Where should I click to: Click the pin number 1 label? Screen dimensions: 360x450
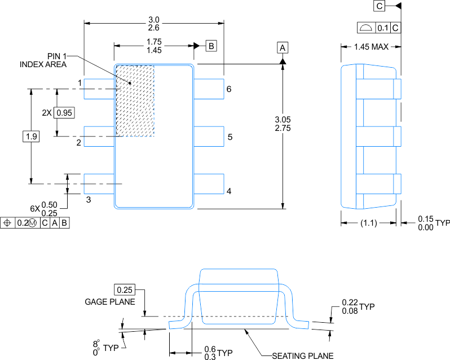tap(80, 83)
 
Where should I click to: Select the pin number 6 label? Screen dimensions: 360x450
tap(229, 89)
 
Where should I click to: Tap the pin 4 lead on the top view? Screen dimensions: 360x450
tap(209, 184)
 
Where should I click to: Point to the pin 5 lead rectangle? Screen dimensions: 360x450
tap(209, 137)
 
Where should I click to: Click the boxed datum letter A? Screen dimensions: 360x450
tap(283, 47)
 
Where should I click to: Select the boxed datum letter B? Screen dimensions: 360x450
tap(210, 46)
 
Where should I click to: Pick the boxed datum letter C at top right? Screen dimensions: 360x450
tap(378, 6)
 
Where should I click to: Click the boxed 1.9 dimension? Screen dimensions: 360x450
tap(30, 136)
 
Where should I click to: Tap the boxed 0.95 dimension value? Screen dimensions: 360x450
tap(65, 112)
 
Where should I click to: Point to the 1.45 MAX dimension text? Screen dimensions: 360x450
tap(371, 46)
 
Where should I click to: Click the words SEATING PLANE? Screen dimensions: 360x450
tap(302, 355)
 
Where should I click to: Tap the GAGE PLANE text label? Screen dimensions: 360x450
tap(110, 301)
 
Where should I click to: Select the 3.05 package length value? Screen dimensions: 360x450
tap(283, 120)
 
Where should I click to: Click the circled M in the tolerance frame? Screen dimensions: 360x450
tap(33, 223)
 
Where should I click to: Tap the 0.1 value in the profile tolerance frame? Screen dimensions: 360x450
tap(383, 28)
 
